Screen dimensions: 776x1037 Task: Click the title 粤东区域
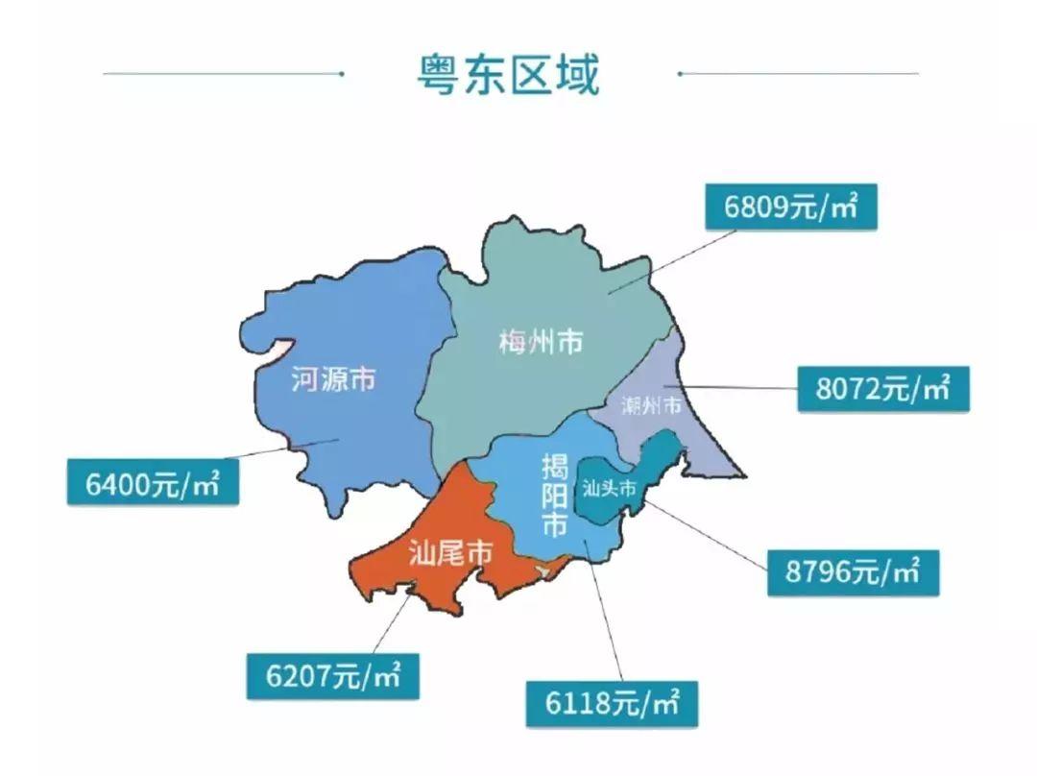coord(508,74)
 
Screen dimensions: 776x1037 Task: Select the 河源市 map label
coord(333,380)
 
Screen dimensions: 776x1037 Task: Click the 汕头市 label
coord(609,489)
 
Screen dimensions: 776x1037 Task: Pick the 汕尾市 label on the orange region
coord(451,554)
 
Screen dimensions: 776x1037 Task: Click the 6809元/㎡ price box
coord(790,207)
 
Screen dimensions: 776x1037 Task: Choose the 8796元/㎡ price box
coord(853,572)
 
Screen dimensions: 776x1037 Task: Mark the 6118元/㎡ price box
coord(613,704)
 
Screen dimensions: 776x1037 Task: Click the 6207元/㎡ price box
coord(333,675)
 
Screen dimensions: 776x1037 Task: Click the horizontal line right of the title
coord(797,73)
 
